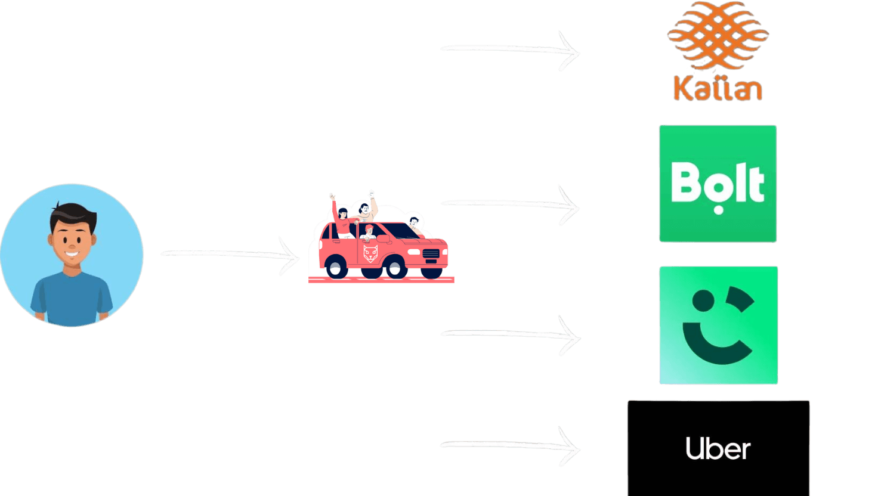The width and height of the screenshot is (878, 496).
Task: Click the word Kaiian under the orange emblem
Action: pyautogui.click(x=718, y=89)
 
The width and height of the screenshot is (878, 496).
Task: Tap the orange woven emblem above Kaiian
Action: pyautogui.click(x=718, y=36)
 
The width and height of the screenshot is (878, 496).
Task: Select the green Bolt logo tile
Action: pyautogui.click(x=718, y=184)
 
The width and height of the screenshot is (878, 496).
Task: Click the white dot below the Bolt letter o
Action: pyautogui.click(x=718, y=210)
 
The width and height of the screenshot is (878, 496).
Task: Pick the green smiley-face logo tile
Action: pyautogui.click(x=718, y=325)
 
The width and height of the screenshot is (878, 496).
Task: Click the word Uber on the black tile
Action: pyautogui.click(x=718, y=448)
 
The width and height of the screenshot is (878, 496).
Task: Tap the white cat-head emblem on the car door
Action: pyautogui.click(x=370, y=252)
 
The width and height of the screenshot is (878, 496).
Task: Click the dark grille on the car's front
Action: pyautogui.click(x=431, y=253)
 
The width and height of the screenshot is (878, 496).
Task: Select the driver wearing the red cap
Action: pyautogui.click(x=369, y=232)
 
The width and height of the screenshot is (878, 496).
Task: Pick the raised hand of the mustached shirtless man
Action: pyautogui.click(x=372, y=194)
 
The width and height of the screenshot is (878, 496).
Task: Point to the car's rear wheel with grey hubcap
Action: pyautogui.click(x=336, y=268)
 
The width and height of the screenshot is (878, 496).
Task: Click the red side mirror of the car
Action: pyautogui.click(x=382, y=238)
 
